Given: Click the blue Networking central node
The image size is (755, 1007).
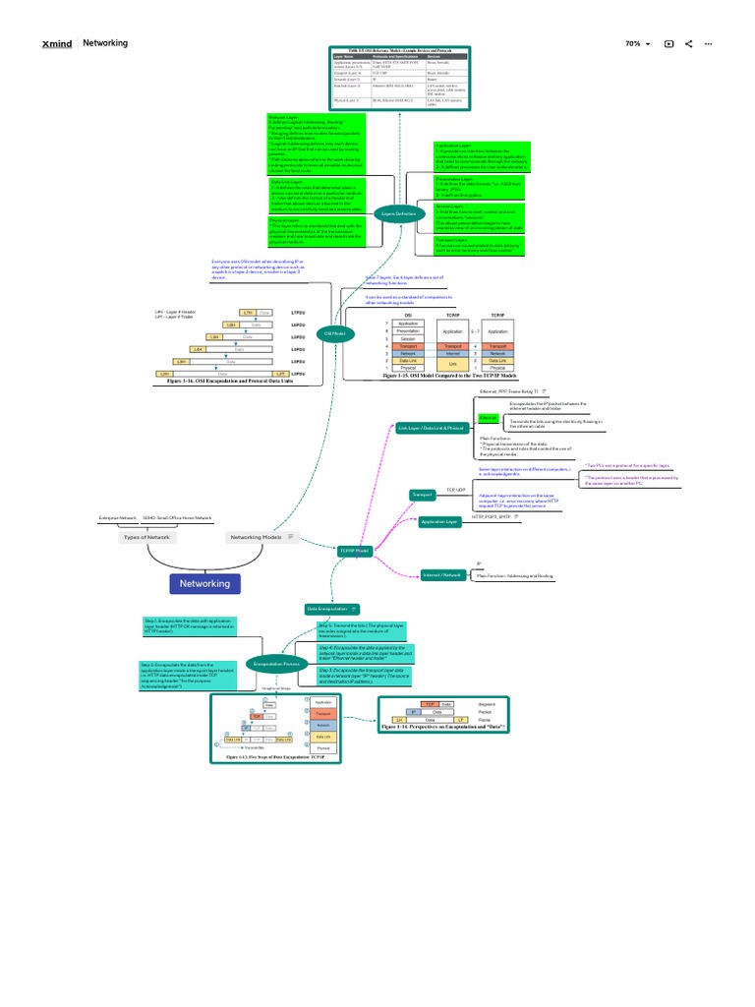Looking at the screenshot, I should pyautogui.click(x=204, y=583).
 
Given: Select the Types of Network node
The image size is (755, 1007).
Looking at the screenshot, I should pyautogui.click(x=145, y=538).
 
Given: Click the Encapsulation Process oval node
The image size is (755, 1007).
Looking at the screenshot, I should pyautogui.click(x=275, y=665).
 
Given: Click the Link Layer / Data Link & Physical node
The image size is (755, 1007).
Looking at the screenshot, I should pyautogui.click(x=432, y=429).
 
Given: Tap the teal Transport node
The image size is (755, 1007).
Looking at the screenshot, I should pyautogui.click(x=422, y=495).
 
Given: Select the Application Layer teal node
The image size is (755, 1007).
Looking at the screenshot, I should pyautogui.click(x=439, y=522).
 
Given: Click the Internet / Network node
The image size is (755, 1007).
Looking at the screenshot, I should pyautogui.click(x=441, y=573).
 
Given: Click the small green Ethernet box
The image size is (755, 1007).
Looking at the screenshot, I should pyautogui.click(x=489, y=418).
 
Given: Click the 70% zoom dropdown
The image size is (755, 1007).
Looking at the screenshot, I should pyautogui.click(x=638, y=44).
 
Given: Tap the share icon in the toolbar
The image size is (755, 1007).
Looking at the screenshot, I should pyautogui.click(x=688, y=44).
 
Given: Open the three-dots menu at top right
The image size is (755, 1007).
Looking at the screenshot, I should pyautogui.click(x=708, y=44).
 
